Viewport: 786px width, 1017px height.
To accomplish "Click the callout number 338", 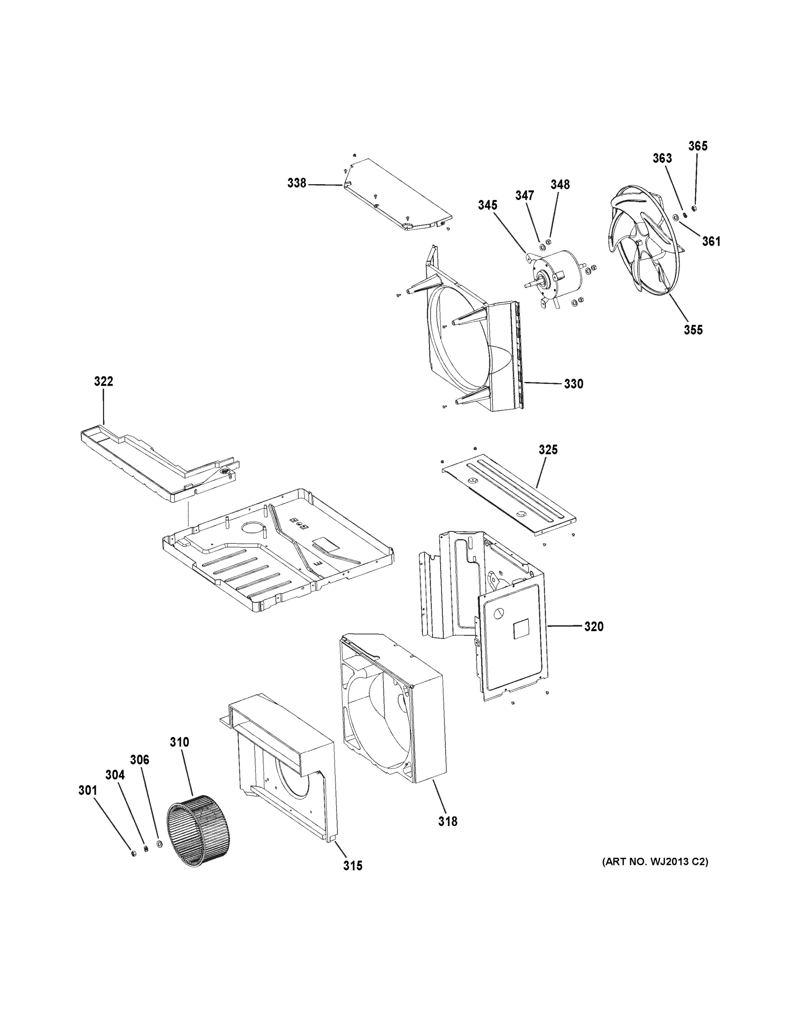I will [x=297, y=183].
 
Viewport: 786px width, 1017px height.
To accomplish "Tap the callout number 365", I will [x=697, y=146].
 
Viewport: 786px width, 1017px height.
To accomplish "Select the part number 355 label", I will [x=693, y=330].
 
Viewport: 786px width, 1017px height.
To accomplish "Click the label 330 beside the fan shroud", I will [x=573, y=384].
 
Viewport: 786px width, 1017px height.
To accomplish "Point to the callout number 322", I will [x=103, y=381].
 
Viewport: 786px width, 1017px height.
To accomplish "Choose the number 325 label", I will [x=548, y=450].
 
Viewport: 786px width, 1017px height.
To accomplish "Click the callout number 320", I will [x=594, y=627].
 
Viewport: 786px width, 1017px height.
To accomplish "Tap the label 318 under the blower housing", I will [x=447, y=822].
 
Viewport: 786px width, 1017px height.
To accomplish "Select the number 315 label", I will [x=353, y=866].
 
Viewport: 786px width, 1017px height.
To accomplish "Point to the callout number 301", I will [x=88, y=791].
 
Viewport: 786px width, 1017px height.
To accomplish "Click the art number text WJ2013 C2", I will [x=655, y=862].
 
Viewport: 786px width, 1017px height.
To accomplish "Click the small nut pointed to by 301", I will [x=133, y=853].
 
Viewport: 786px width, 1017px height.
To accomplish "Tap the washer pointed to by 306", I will [x=160, y=844].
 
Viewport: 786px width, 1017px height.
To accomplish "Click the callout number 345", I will [x=487, y=206].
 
